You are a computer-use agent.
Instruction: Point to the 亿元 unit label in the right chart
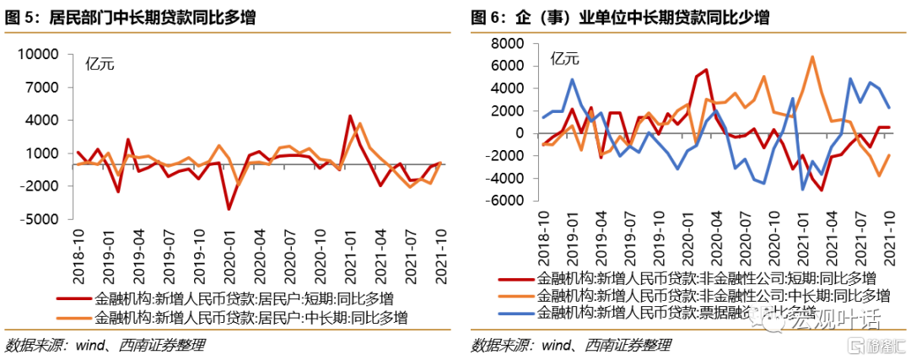tap(564, 58)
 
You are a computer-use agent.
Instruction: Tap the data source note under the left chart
tap(105, 345)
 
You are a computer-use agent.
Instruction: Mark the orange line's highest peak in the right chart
tap(811, 57)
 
